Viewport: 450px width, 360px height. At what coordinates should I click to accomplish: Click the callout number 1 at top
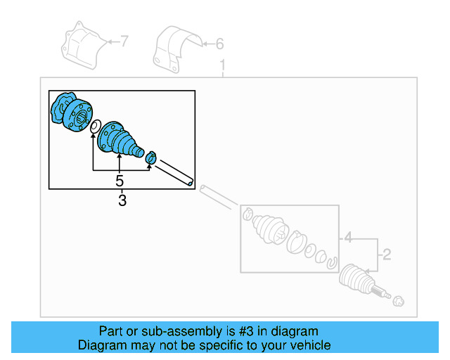point(224,66)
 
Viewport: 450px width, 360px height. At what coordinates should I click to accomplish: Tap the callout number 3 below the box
point(122,201)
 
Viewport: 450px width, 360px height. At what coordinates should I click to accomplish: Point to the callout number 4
point(347,239)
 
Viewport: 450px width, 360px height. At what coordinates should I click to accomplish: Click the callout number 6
point(219,44)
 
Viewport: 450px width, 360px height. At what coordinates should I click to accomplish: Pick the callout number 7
point(124,42)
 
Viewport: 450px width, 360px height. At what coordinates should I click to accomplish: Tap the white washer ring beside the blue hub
point(93,127)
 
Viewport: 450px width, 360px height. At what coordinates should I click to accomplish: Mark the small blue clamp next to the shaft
point(150,159)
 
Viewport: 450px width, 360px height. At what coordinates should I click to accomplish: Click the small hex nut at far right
point(399,301)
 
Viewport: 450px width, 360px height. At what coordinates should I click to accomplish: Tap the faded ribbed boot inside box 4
point(271,232)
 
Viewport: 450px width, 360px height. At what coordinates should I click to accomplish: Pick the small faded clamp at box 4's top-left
point(247,213)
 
